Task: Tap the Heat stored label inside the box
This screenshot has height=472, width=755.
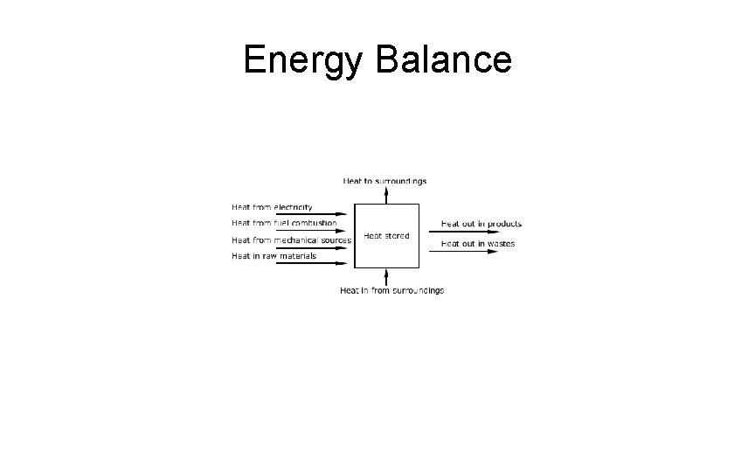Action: (x=386, y=236)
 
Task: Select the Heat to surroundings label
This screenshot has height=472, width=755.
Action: (x=385, y=181)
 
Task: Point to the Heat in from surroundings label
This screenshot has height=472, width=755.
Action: (x=391, y=290)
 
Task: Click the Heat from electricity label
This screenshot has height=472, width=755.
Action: (x=272, y=208)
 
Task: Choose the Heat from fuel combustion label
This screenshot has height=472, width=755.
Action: (x=283, y=224)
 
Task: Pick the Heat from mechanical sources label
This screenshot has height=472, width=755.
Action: (x=291, y=239)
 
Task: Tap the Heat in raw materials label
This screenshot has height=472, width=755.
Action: (x=274, y=256)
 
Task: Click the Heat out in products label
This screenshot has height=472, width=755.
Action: (x=481, y=224)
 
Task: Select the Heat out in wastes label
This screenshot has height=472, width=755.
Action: (x=478, y=244)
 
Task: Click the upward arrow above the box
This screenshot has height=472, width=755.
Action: (x=386, y=194)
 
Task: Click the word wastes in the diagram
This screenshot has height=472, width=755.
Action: (x=501, y=244)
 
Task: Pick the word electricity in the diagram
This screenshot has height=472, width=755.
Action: (x=294, y=208)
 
